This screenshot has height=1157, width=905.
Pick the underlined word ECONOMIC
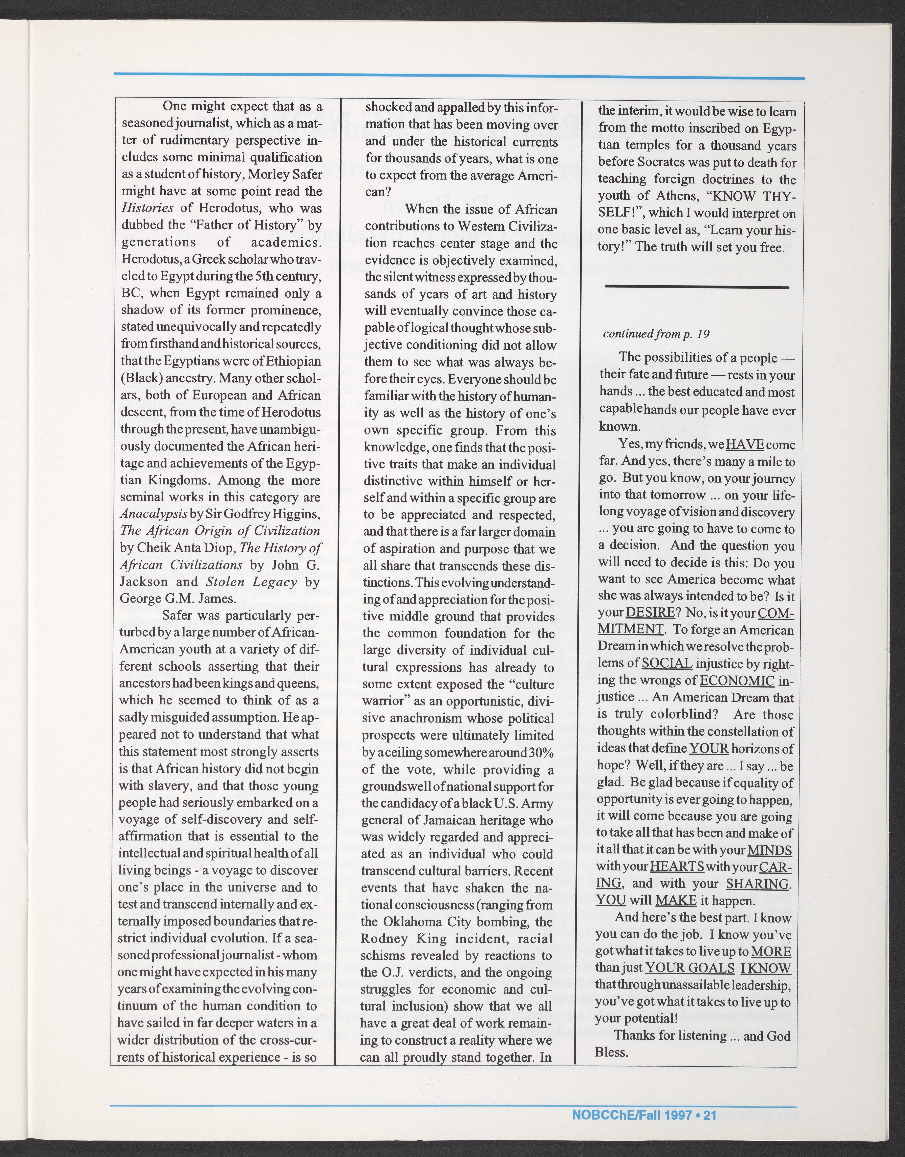point(737,681)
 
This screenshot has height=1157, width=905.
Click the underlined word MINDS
point(769,850)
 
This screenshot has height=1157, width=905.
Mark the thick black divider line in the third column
point(697,287)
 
